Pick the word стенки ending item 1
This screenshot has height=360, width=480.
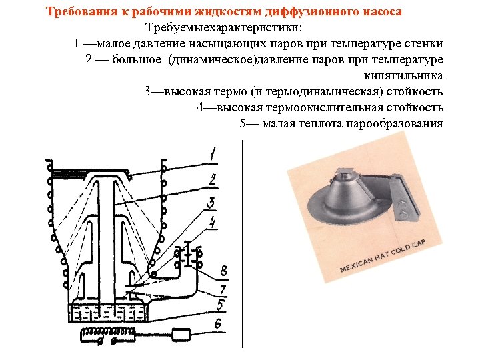425,43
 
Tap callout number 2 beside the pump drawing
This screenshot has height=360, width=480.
212,179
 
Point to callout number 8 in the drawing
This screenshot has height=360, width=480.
224,271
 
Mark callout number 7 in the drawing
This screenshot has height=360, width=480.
223,289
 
